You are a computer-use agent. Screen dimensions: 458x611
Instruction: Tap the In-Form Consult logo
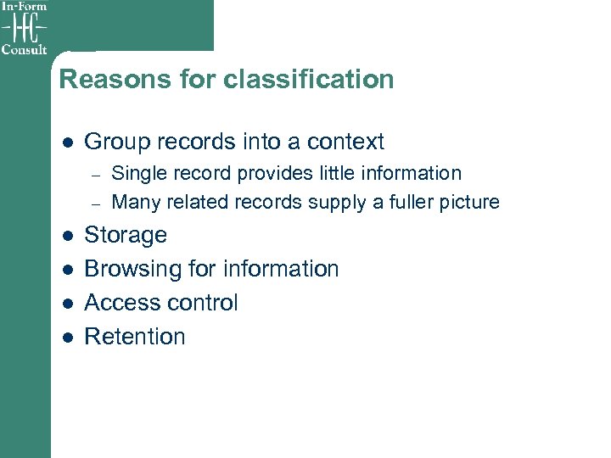tap(25, 27)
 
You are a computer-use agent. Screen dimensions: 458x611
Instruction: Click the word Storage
tap(126, 235)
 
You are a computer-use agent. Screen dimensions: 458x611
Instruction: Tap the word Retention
tap(135, 337)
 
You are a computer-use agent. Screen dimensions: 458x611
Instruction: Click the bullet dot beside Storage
tap(67, 236)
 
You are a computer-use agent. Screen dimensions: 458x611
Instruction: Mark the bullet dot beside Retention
tap(67, 338)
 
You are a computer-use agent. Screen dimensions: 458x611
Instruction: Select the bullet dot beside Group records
tap(67, 142)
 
